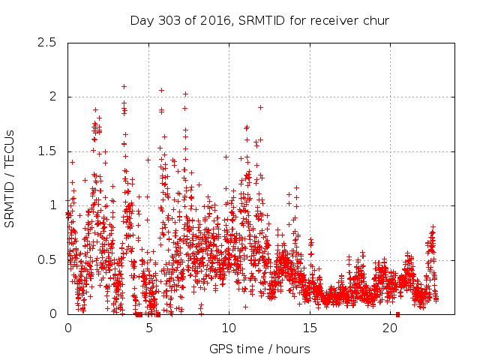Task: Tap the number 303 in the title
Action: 168,20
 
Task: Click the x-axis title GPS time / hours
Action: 259,349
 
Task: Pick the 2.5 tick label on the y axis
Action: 48,43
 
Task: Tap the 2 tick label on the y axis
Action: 52,97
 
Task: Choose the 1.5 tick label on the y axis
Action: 48,151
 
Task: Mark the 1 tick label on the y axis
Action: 52,205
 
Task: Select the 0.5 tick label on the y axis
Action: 48,260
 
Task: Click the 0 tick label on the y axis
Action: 52,314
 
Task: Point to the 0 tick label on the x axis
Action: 68,328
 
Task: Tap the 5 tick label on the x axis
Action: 148,328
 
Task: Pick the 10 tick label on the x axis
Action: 229,328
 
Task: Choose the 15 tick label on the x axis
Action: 310,328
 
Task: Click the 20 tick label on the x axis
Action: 390,328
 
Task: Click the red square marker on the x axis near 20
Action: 397,313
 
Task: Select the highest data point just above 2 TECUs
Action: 124,86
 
